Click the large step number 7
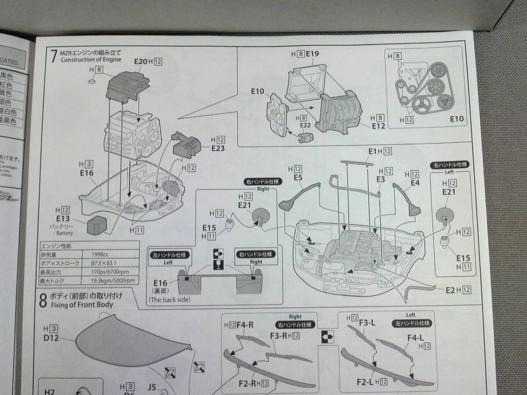click(54, 57)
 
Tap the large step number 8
click(43, 301)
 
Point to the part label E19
click(312, 54)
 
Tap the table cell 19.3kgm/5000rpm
click(113, 281)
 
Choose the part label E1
click(373, 151)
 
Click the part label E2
click(450, 290)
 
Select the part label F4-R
click(245, 325)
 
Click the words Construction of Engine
click(90, 60)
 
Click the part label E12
click(378, 126)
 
